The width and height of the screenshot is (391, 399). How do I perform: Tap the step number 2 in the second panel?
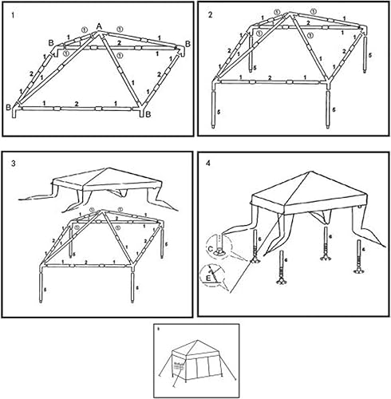coord(210,15)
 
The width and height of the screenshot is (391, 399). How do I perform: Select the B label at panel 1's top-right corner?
coord(188,43)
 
